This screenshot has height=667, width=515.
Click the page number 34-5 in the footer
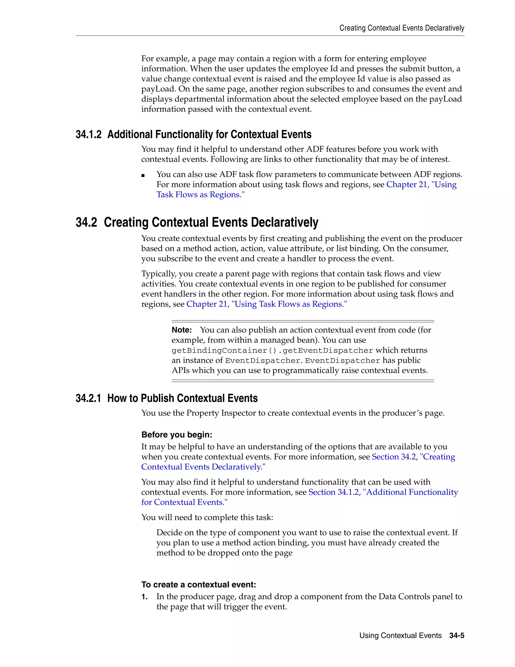[x=456, y=635]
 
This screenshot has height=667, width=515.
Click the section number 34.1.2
[x=89, y=134]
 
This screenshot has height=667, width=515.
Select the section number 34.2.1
[x=88, y=398]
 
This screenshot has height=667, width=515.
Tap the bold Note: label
[x=182, y=330]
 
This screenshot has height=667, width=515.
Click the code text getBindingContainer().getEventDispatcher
[x=272, y=350]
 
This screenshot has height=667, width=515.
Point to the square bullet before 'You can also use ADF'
[x=143, y=175]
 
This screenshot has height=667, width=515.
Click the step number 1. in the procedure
[x=145, y=597]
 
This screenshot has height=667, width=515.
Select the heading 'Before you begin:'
[x=177, y=435]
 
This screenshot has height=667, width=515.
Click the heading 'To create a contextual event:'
[x=199, y=584]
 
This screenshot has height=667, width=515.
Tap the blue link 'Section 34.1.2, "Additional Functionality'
[x=383, y=492]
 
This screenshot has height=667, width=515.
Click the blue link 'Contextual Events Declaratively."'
[x=203, y=467]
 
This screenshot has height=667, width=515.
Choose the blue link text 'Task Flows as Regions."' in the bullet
[x=200, y=195]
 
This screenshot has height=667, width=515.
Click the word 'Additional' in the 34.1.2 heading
[x=130, y=134]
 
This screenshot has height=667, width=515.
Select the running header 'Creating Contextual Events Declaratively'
[x=402, y=28]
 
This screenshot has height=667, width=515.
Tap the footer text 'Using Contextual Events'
[x=400, y=635]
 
